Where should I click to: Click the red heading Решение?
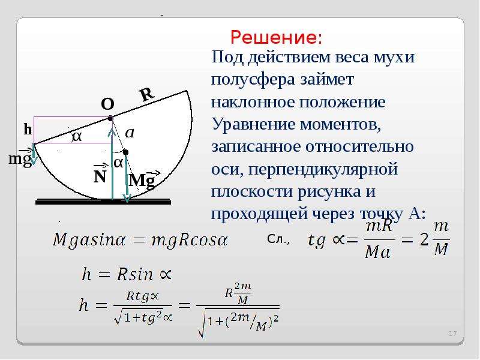276,38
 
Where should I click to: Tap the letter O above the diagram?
107,104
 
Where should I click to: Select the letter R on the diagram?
147,94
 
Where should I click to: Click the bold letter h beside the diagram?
28,130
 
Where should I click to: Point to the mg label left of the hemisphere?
20,158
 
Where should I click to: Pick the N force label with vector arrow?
100,174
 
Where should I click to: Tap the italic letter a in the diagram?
130,133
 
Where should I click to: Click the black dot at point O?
110,118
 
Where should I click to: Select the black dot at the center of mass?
125,152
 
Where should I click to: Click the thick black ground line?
103,202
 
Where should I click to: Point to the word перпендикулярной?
323,170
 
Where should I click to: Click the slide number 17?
453,334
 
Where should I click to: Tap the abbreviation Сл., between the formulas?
278,239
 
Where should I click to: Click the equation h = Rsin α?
127,274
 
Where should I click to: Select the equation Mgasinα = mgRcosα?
140,239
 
